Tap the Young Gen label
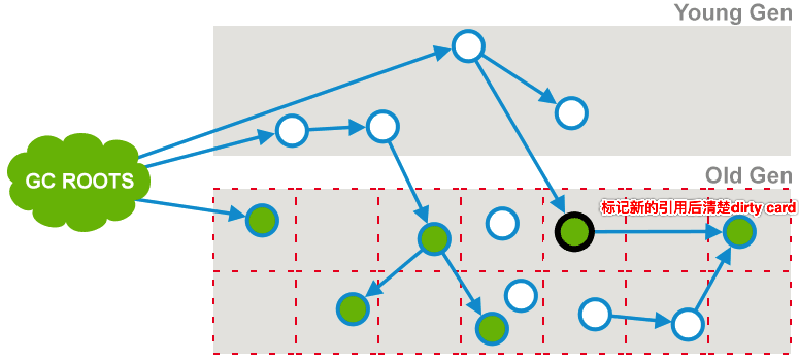733,12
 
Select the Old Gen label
748,176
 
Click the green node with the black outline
574,232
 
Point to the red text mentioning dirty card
699,208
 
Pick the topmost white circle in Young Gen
468,46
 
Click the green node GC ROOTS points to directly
262,220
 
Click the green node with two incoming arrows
739,232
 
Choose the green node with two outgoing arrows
434,238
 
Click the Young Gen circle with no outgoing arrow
571,113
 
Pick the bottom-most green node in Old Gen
492,327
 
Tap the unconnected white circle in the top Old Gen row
502,223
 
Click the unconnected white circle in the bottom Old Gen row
521,296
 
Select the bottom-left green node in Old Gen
353,308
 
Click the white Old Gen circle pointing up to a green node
688,324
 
